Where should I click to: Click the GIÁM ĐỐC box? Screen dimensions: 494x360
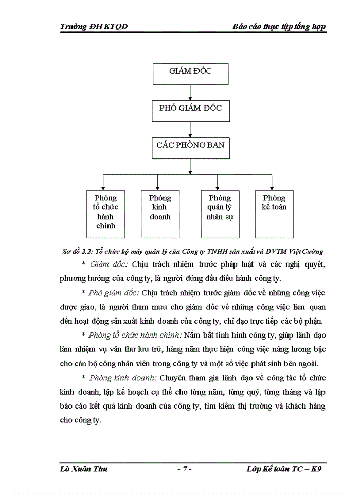(190, 73)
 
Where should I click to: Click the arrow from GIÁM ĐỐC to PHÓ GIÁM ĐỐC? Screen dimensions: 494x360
(190, 92)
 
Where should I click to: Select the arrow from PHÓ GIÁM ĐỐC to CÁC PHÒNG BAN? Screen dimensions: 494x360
(190, 129)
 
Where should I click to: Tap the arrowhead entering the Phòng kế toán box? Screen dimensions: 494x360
(272, 187)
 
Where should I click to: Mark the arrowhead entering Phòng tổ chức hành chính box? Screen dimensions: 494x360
(103, 187)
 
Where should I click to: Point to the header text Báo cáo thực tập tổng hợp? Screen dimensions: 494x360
(279, 27)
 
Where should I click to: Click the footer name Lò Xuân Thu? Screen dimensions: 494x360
(84, 469)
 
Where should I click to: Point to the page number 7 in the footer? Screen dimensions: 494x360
(184, 469)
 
